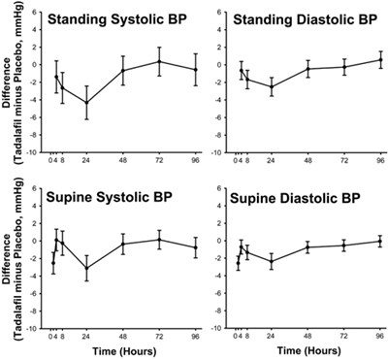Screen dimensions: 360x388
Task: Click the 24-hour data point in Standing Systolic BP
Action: [87, 103]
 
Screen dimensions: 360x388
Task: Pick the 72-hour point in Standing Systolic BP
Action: [160, 61]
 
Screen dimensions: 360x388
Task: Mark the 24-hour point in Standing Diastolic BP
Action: [271, 87]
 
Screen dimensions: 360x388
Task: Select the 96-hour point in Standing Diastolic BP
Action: [379, 59]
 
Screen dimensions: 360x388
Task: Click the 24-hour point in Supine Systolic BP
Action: [87, 268]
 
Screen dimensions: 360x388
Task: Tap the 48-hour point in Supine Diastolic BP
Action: [307, 247]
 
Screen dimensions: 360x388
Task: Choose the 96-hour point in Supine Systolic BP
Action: [196, 247]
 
